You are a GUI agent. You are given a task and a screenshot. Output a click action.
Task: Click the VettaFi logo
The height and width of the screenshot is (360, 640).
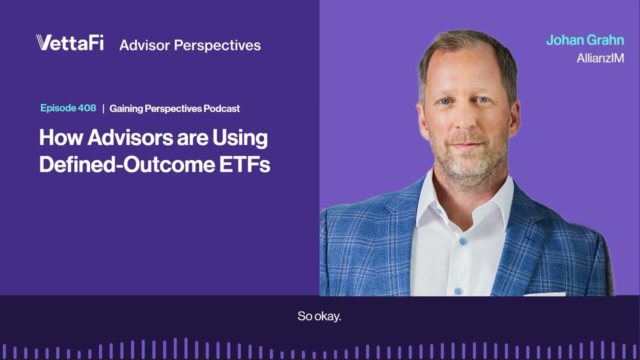pos(70,43)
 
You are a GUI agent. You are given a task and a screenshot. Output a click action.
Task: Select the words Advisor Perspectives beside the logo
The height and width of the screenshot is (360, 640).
pos(190,45)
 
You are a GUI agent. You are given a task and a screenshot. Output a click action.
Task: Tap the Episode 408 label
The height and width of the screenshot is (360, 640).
pos(68,108)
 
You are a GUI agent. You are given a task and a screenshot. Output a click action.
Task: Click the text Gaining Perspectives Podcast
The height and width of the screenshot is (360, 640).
pos(174,108)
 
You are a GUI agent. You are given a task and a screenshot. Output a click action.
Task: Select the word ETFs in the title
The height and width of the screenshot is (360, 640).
pos(245,164)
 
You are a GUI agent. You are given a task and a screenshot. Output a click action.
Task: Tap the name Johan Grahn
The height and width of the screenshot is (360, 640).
pos(584,40)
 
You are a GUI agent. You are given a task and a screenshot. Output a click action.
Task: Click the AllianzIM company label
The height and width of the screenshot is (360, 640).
pos(600,58)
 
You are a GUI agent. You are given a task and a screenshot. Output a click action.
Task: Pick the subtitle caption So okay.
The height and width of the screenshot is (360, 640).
pos(319,316)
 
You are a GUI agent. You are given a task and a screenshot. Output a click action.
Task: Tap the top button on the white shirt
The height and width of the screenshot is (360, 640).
pos(463,241)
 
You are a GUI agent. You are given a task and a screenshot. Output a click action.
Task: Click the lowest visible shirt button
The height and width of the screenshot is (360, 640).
pos(458,290)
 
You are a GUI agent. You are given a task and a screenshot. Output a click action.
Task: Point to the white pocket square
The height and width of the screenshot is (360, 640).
pos(545,293)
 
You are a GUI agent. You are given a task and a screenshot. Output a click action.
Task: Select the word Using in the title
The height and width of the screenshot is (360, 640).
pos(240,137)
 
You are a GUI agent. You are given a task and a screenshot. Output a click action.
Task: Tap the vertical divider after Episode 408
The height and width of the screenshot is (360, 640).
pos(103,108)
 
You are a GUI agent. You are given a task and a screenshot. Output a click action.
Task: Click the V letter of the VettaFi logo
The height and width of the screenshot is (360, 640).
pos(44,43)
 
